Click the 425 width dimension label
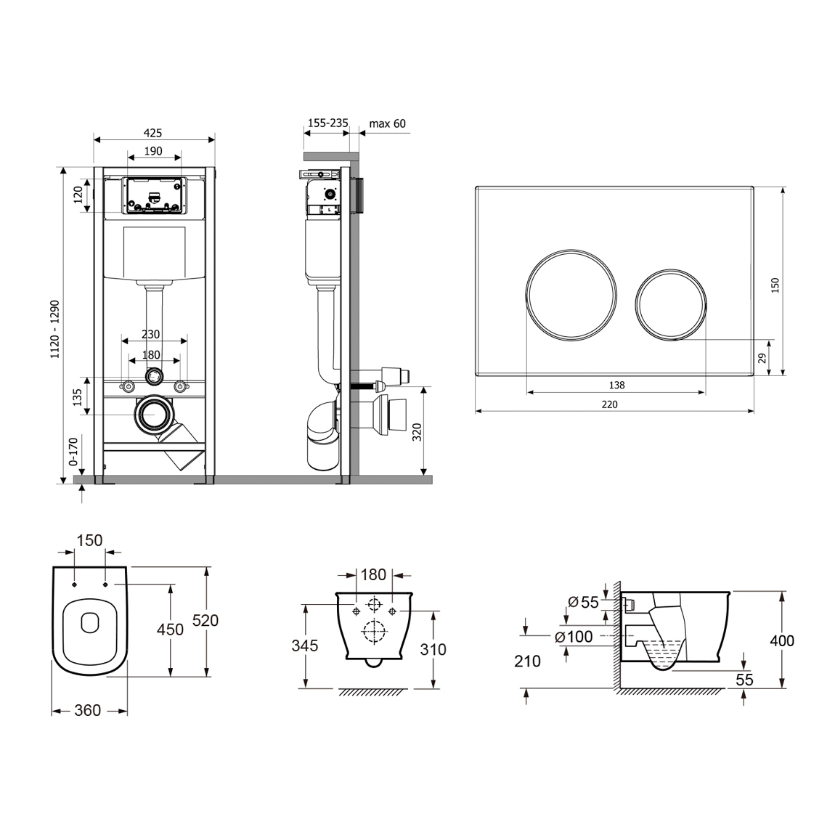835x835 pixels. coord(152,133)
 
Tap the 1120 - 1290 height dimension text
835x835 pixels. coord(55,329)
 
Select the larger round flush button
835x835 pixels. coord(571,295)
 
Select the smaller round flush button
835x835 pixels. coord(671,305)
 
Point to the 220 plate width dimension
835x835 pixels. coord(610,404)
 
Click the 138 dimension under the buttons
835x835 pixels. coord(616,385)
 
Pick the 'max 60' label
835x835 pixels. coord(388,123)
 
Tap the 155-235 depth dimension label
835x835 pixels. coord(328,123)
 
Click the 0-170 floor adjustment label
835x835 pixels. coord(73,452)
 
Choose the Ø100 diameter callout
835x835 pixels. coord(574,636)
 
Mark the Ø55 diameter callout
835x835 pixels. coord(584,602)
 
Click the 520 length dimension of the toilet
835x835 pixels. coord(205,620)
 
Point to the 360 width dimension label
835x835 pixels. coord(88,710)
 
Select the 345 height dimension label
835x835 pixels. coord(305,645)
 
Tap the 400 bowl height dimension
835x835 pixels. coord(782,640)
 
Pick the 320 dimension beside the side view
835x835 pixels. coord(417,432)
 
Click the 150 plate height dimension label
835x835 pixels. coord(775,285)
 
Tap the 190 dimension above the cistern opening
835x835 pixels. coord(153,151)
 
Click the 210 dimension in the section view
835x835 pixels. coord(527,661)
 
